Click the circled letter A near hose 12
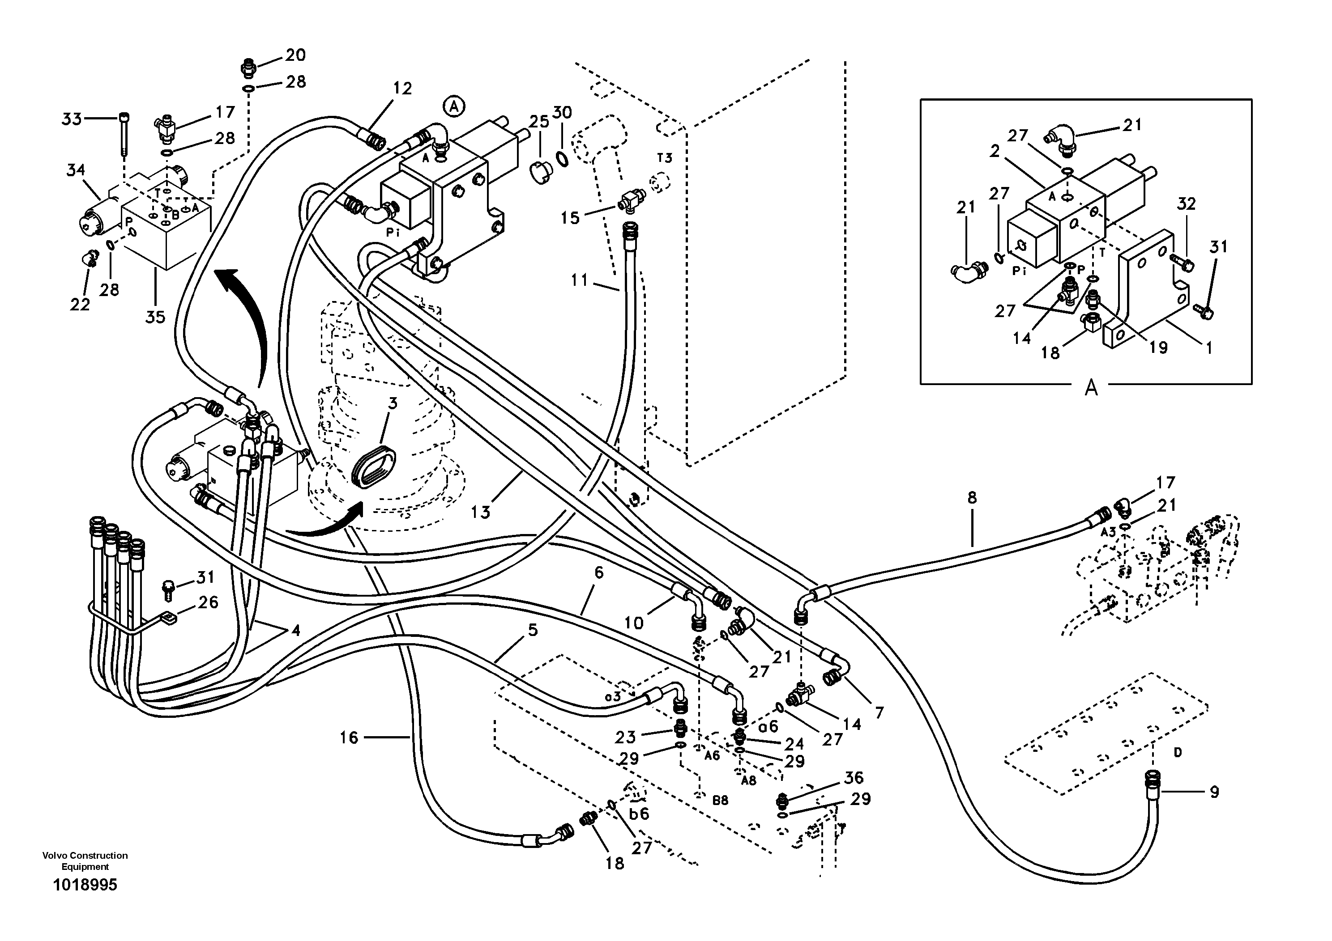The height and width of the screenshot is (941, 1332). click(x=454, y=106)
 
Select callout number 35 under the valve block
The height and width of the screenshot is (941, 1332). click(x=155, y=317)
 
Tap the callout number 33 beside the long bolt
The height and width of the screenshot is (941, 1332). click(x=72, y=119)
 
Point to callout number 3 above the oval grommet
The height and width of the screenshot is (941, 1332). click(x=393, y=403)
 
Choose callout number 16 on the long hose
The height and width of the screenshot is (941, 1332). click(x=349, y=738)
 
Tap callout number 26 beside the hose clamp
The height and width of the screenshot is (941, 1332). click(x=208, y=602)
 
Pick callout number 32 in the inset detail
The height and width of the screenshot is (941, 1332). click(x=1187, y=203)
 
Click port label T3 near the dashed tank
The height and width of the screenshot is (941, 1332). click(x=664, y=158)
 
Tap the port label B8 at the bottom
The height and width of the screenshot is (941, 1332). click(x=720, y=800)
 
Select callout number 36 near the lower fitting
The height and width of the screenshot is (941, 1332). click(x=854, y=777)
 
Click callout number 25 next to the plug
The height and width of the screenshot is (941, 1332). click(x=539, y=121)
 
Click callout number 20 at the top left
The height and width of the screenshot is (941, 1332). click(x=295, y=55)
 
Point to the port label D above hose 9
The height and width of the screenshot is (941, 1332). click(x=1177, y=753)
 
